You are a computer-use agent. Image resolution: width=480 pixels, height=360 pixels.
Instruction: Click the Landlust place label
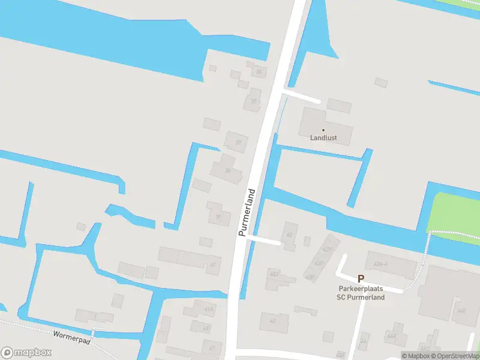click(x=323, y=138)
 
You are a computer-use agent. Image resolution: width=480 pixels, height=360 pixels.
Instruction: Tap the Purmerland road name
click(x=247, y=212)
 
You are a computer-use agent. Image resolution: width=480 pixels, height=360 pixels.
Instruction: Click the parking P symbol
click(x=361, y=278)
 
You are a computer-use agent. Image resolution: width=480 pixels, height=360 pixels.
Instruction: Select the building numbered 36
click(x=259, y=72)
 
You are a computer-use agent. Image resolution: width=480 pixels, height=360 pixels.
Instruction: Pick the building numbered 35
click(x=253, y=101)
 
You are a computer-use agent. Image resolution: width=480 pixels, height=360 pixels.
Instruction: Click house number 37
click(x=238, y=142)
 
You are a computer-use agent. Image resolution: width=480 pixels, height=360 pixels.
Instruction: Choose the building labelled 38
click(x=227, y=170)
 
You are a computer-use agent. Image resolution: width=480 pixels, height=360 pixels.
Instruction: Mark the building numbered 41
click(x=212, y=264)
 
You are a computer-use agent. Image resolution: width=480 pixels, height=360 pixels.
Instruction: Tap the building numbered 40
click(x=289, y=235)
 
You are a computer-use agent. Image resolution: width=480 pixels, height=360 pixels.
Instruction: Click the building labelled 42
click(x=272, y=320)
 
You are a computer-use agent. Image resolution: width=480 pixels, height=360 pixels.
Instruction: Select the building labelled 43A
click(x=208, y=309)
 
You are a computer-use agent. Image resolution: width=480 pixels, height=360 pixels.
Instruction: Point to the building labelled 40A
click(x=274, y=274)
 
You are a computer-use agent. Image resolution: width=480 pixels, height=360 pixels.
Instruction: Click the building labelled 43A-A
click(x=380, y=264)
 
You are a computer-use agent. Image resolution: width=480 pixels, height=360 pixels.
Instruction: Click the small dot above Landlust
click(x=323, y=130)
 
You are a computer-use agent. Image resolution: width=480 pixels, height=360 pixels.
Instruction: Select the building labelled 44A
click(x=391, y=336)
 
